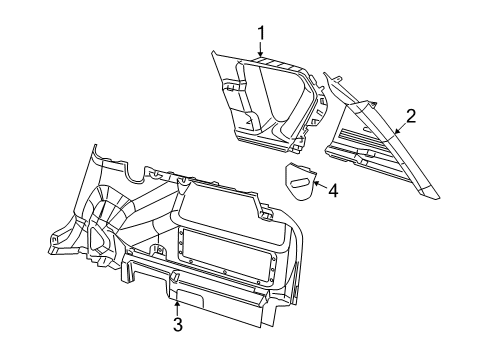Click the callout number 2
tap(409, 117)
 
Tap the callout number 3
tap(177, 324)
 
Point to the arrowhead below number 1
tap(260, 60)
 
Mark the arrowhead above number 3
tap(176, 298)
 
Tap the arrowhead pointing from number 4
tap(314, 184)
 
